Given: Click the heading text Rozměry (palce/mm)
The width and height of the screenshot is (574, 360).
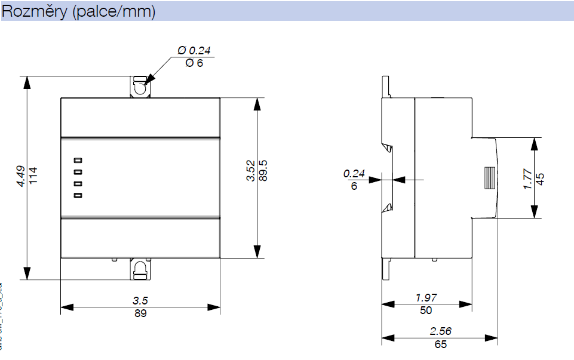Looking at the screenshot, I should [x=79, y=12].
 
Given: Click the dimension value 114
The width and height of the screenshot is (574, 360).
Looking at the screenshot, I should [x=33, y=177].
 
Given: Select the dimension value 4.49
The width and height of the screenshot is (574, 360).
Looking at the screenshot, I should [x=21, y=177].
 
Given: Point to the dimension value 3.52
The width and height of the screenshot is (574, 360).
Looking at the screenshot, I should [x=251, y=170].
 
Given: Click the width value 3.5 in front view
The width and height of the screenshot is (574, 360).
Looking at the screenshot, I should [x=140, y=301].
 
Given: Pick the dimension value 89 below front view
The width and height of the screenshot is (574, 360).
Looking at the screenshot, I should [x=140, y=313].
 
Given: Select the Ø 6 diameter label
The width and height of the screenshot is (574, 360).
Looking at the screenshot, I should [x=194, y=63].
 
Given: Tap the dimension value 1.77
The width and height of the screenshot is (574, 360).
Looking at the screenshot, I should [x=527, y=179].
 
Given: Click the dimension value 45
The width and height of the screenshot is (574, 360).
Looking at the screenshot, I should [x=540, y=179].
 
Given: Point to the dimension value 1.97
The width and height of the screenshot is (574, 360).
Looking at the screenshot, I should [x=426, y=298].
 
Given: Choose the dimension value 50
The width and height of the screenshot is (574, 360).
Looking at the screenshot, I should [x=426, y=310].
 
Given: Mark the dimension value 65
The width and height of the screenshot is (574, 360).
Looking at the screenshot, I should [x=440, y=344].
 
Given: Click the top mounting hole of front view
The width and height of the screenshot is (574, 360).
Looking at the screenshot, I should [x=140, y=87].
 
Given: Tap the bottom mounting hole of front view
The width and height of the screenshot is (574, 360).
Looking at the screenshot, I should [x=140, y=269].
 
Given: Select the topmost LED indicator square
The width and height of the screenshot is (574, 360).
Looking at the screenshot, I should [x=77, y=160].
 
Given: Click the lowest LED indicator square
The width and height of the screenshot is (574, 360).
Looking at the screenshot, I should [x=77, y=195].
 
